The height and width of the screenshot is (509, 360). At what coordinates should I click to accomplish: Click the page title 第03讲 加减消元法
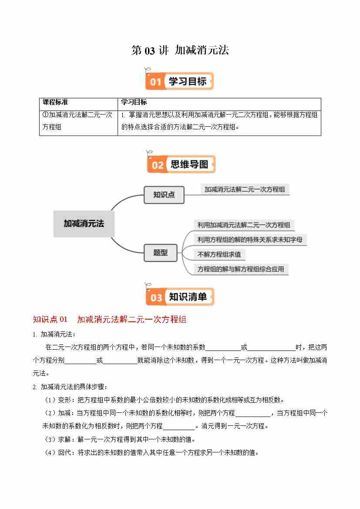(180, 51)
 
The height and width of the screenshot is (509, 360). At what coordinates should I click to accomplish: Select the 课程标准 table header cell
(55, 103)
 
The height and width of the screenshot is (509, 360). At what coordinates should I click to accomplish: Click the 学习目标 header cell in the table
(134, 103)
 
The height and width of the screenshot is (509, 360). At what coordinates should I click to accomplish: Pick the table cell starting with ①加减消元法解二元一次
(78, 121)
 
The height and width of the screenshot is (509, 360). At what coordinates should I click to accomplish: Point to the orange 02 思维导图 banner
(181, 165)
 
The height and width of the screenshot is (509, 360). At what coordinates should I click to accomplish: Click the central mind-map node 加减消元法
(84, 224)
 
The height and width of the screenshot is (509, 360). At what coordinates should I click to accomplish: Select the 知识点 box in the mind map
(164, 195)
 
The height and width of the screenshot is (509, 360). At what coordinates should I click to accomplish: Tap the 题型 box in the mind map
(160, 253)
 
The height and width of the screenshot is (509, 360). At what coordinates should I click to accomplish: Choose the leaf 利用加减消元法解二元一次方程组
(243, 225)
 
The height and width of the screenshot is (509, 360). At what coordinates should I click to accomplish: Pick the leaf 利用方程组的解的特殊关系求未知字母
(249, 239)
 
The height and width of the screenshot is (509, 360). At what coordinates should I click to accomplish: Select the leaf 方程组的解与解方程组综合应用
(240, 269)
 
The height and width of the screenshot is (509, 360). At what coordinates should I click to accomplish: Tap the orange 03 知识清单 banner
(180, 297)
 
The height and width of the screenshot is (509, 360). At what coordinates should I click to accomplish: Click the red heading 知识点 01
(50, 320)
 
